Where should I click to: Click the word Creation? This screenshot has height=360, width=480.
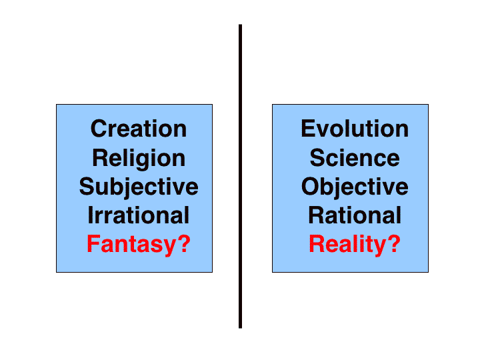click(139, 129)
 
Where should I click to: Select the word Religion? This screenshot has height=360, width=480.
click(139, 159)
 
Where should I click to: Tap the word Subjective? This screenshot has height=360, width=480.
click(139, 187)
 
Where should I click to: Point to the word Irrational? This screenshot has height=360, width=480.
click(139, 215)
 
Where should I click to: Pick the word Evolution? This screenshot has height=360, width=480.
click(355, 129)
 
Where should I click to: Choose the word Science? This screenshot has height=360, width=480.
click(355, 158)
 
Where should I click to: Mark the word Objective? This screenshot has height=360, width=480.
click(355, 187)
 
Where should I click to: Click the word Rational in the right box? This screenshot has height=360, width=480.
click(355, 215)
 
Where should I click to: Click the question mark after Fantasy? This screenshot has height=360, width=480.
click(184, 244)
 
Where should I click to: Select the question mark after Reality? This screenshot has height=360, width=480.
click(394, 244)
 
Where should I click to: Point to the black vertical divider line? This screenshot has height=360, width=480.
click(240, 176)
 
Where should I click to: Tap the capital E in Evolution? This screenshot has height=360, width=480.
click(308, 129)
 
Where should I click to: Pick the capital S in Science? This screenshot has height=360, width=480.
click(317, 158)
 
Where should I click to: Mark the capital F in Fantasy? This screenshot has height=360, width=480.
click(93, 244)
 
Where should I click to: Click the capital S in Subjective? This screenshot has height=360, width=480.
click(87, 187)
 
